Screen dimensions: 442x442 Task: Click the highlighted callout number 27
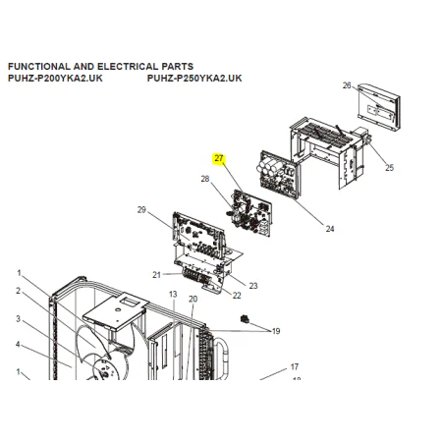pos(218,158)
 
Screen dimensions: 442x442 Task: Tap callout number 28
pos(205,179)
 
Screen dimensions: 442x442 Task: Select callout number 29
pos(141,209)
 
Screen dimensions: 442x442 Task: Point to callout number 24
pos(330,229)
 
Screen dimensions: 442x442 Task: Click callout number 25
pos(389,168)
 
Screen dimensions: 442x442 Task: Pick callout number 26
pos(347,85)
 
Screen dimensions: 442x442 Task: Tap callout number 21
pos(156,275)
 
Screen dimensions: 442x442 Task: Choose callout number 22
pos(237,296)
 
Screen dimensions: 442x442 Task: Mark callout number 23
pos(253,286)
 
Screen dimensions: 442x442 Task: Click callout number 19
pos(276,331)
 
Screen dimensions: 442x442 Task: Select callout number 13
pos(173,295)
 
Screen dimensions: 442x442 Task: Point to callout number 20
pos(193,299)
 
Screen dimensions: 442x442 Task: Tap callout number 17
pos(295,367)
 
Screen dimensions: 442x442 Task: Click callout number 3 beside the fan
pos(18,318)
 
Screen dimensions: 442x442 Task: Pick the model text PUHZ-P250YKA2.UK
pos(194,79)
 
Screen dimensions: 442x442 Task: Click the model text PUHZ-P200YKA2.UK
pos(55,79)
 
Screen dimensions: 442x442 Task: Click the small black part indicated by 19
pos(245,319)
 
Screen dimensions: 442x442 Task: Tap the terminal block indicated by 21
pos(197,276)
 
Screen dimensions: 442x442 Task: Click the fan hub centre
pos(105,373)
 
